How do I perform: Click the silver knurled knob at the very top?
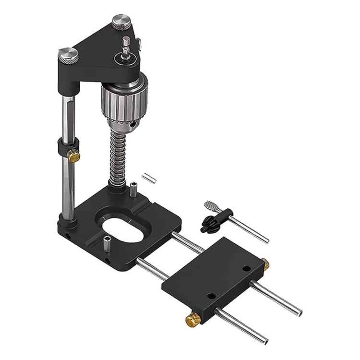click(x=122, y=22)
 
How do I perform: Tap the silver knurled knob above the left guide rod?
click(x=69, y=54)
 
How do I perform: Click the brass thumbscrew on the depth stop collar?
click(x=73, y=155)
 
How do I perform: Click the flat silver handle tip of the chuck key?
click(x=210, y=206)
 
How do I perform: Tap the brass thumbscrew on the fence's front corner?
click(x=193, y=319)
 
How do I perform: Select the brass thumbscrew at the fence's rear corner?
click(x=264, y=264)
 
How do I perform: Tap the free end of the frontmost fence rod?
click(x=265, y=340)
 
